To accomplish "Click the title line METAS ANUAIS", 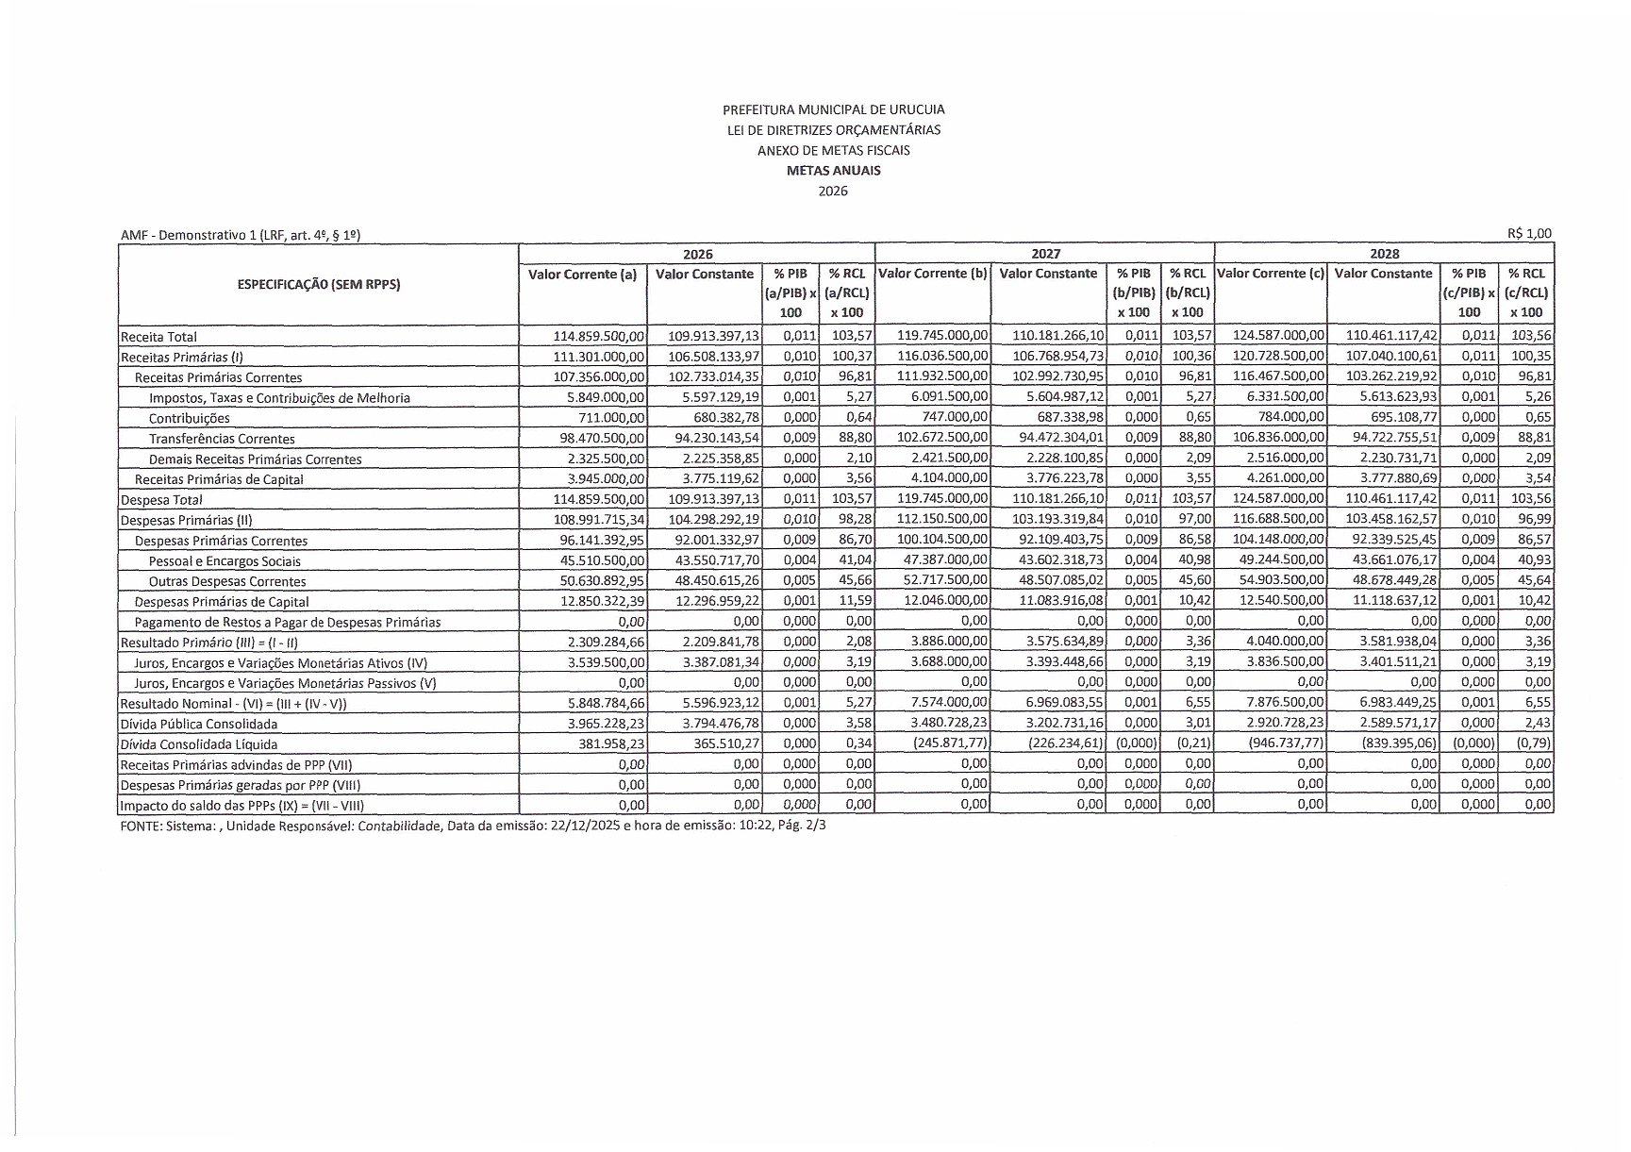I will tap(833, 171).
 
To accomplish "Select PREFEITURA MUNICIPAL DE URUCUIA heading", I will tap(833, 109).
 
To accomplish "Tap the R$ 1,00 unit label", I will tap(1528, 233).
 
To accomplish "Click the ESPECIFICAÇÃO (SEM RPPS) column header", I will tap(318, 284).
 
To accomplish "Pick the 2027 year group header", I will tap(1044, 253).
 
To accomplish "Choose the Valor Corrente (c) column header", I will tap(1270, 274).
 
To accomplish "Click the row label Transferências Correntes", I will tap(222, 439).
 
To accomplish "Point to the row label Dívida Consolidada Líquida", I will tap(199, 744).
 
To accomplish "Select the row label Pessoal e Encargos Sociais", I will tap(225, 561).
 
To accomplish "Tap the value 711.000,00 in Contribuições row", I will tap(612, 418).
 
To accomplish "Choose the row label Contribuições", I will tap(189, 418).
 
